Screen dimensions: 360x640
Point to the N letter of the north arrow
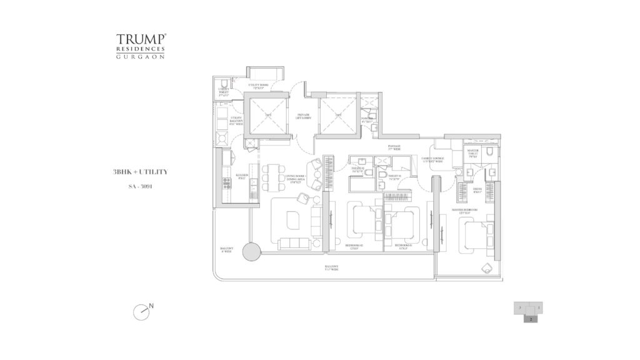(x=152, y=306)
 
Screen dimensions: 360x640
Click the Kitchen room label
(x=242, y=176)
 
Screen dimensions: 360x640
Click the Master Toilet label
(x=474, y=156)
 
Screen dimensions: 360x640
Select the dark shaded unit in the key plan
(x=530, y=318)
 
